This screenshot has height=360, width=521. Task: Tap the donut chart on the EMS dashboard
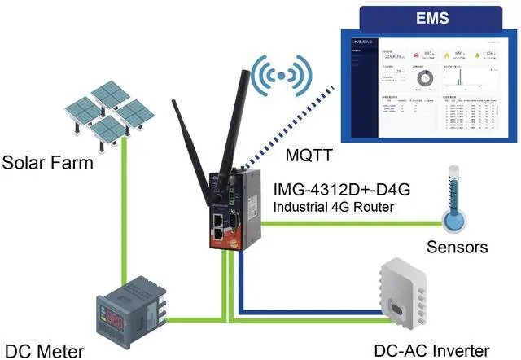(x=423, y=79)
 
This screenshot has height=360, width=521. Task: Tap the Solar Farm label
(x=47, y=163)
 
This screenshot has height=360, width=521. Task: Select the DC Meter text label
(x=43, y=351)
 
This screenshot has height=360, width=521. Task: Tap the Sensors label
(x=457, y=246)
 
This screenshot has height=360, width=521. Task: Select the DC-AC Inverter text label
(x=432, y=351)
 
